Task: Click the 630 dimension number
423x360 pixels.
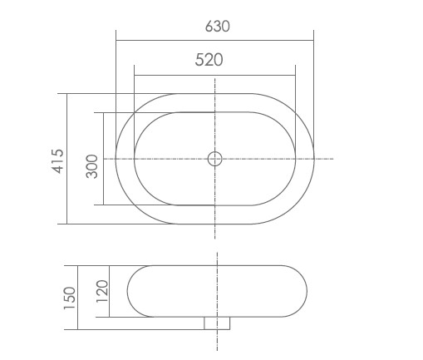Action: click(x=217, y=26)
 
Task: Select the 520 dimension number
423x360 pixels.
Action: click(x=209, y=60)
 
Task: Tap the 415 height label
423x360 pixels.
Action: click(x=57, y=160)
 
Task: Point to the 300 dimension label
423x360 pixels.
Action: click(x=92, y=165)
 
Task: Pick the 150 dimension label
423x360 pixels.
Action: click(x=69, y=297)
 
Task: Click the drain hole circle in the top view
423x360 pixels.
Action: click(x=214, y=158)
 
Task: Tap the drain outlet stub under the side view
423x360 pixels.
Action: click(x=216, y=323)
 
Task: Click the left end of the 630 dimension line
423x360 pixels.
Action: click(x=116, y=40)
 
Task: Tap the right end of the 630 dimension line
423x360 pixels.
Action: click(x=313, y=40)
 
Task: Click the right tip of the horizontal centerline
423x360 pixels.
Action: click(x=333, y=158)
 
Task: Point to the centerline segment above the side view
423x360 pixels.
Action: click(x=216, y=258)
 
